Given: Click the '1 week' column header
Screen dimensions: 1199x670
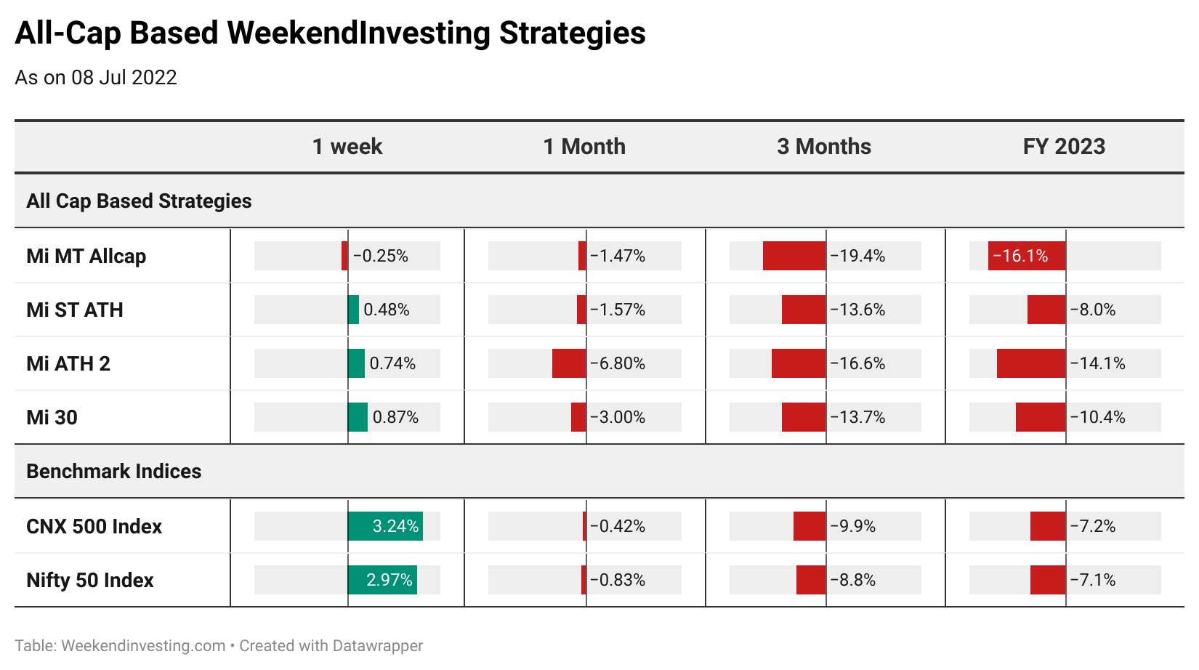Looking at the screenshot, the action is [347, 146].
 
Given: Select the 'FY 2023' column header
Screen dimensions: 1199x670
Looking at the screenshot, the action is [1064, 146].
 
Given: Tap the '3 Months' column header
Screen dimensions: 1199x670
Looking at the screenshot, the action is [824, 146].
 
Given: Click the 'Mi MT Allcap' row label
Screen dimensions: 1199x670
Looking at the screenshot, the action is [86, 256].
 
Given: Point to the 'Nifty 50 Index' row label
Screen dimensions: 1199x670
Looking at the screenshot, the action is [90, 580].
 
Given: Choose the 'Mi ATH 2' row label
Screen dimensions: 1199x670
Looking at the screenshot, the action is [68, 363].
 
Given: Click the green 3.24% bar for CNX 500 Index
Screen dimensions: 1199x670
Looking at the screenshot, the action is [385, 526].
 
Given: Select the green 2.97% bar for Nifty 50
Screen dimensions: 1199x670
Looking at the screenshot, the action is [382, 580].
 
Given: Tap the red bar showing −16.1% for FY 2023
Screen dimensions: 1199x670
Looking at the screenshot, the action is [1027, 256].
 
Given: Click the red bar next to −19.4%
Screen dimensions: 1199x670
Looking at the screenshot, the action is [794, 256].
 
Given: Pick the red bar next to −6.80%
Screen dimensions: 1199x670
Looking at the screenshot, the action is [569, 363].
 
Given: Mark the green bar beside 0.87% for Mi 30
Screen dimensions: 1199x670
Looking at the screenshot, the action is [358, 417].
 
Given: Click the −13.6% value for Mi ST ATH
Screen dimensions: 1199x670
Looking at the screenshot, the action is [857, 310].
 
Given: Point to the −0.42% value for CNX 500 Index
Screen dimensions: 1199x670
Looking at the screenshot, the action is [618, 526].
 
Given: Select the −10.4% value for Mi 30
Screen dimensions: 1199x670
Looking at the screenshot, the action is [1097, 417].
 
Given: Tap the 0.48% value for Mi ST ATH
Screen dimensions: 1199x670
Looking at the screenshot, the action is [387, 310].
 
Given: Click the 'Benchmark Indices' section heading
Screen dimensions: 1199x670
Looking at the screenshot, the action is [114, 472].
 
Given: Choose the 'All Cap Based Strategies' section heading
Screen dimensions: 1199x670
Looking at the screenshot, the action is [140, 201].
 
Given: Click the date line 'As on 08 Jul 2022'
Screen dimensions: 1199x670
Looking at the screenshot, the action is [96, 78].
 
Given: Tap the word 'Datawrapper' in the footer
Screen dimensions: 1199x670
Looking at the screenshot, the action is [377, 646].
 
